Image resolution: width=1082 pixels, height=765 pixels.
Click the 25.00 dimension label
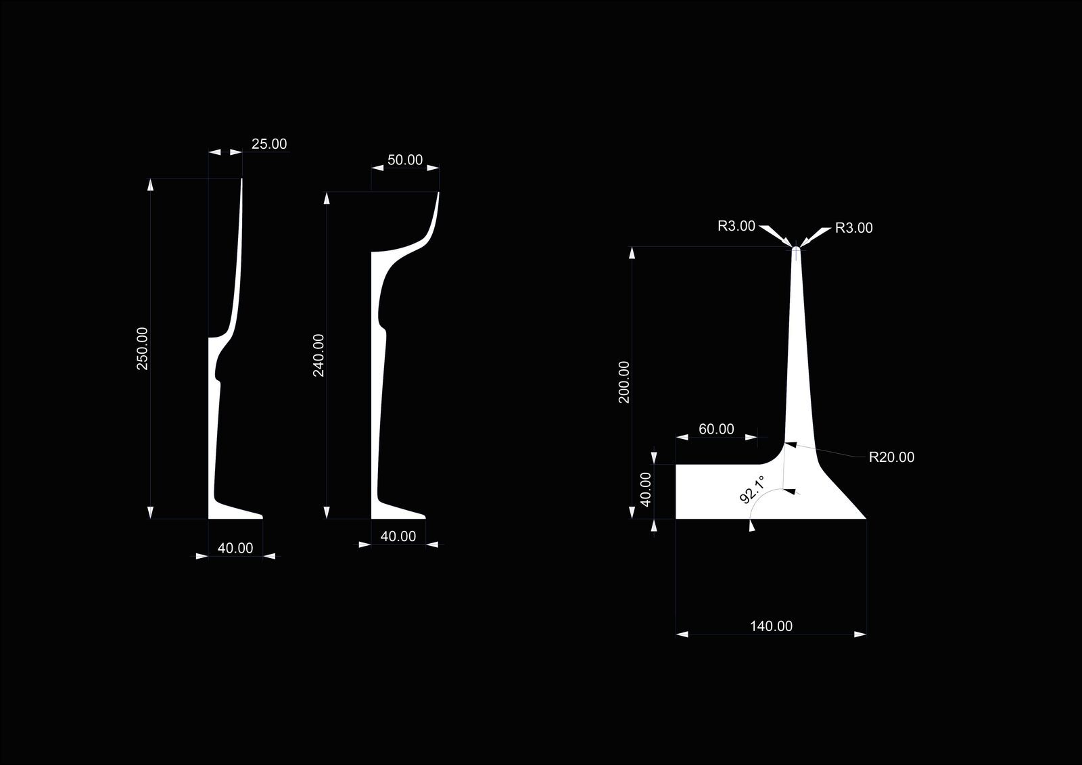point(269,144)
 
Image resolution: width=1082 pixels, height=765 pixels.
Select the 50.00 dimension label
point(405,160)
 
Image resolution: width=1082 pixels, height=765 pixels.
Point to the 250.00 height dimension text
point(143,348)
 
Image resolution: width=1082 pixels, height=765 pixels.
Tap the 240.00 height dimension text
point(319,355)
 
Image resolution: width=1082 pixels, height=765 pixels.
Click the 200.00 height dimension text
point(624,381)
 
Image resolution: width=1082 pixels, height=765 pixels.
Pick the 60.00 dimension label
point(716,429)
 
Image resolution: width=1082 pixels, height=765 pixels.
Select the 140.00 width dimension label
point(771,626)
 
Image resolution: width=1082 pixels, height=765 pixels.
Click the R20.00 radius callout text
point(892,457)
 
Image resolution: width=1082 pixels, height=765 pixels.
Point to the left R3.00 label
point(736,226)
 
